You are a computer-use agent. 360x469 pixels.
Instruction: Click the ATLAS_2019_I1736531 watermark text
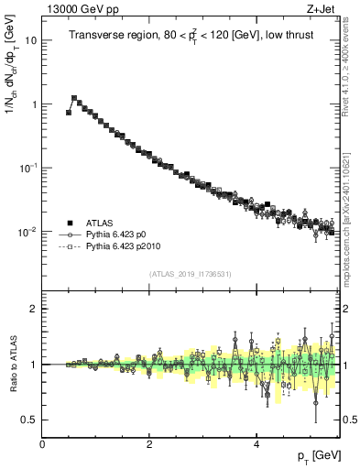[191, 273]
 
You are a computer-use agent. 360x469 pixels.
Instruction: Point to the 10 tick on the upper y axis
[31, 41]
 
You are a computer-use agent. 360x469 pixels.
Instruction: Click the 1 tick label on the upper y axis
[34, 104]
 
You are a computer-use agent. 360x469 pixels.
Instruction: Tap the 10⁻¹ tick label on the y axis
[28, 168]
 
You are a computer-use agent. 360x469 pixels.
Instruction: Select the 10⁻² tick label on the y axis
[28, 232]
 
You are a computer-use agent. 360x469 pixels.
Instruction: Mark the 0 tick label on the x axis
[43, 443]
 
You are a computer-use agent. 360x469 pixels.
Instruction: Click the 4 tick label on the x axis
[256, 443]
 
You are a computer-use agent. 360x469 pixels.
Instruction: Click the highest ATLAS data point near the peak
[74, 97]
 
